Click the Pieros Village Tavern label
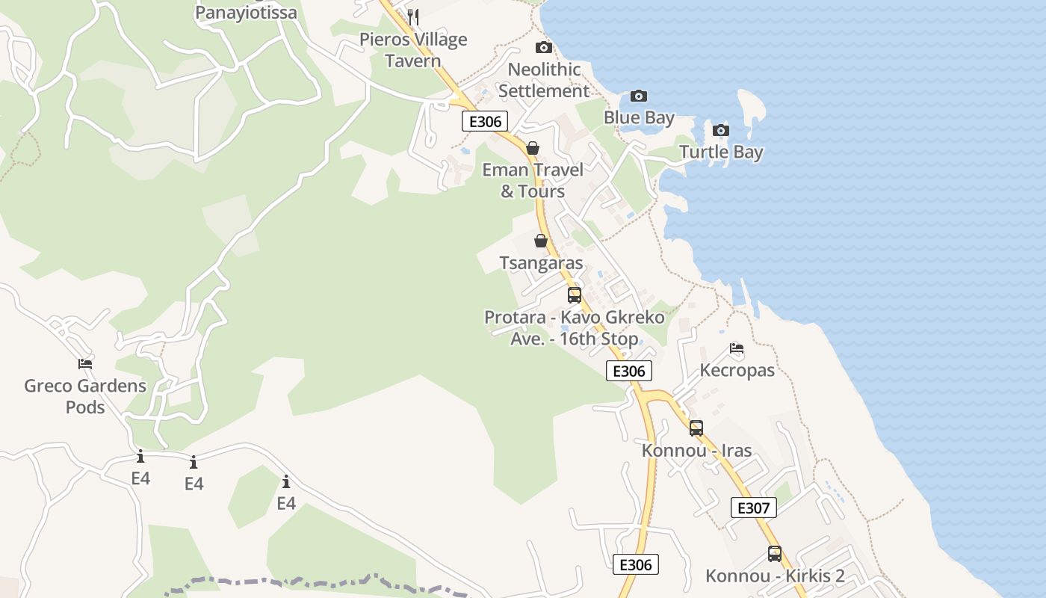tap(413, 50)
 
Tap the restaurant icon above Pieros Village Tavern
tap(413, 16)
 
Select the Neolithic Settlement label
tap(544, 80)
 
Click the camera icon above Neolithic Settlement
tap(544, 48)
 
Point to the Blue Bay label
tap(639, 117)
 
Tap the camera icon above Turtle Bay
tap(721, 130)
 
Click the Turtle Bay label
tap(721, 152)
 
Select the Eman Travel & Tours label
tap(533, 180)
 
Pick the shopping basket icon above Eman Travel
tap(533, 148)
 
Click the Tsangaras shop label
tap(541, 263)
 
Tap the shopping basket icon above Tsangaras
tap(541, 241)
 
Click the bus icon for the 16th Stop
tap(575, 295)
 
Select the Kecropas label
tap(737, 370)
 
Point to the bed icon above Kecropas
tap(737, 348)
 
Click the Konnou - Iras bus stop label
tap(696, 451)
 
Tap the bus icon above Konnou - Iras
tap(696, 428)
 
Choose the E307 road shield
tap(753, 508)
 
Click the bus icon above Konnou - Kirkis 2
tap(775, 554)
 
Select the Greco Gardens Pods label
tap(85, 396)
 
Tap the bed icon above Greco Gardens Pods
tap(85, 364)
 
